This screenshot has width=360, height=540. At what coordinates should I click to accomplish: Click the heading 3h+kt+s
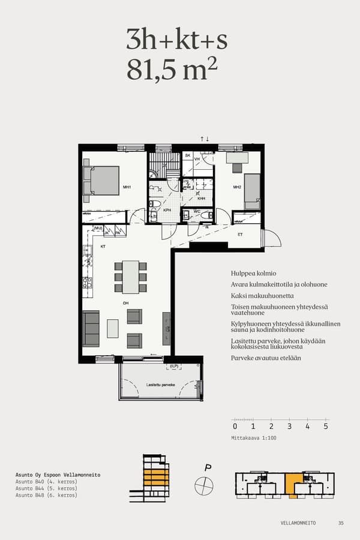(176, 40)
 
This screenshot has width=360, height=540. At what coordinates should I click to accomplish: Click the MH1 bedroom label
(127, 187)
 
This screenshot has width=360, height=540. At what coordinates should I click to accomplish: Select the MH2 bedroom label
(237, 187)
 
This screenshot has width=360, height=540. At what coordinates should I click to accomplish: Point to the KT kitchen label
(103, 246)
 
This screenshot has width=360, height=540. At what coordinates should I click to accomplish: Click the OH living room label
(126, 304)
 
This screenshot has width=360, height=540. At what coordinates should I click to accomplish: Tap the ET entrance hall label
(240, 235)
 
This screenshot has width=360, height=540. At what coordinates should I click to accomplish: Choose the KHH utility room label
(202, 199)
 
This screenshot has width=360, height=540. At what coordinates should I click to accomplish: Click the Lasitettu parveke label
(160, 386)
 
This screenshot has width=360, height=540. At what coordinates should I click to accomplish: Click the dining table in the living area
(131, 277)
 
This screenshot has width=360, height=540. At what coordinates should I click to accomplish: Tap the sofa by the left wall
(91, 329)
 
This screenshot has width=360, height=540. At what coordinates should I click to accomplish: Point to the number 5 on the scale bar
(326, 427)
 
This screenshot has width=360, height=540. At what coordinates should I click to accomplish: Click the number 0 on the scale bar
(235, 427)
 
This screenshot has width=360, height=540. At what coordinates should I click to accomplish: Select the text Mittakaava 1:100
(254, 438)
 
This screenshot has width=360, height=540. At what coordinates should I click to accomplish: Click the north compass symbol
(204, 484)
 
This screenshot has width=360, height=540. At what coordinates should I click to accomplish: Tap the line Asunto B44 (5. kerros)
(46, 488)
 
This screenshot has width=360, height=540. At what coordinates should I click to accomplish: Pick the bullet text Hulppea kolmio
(253, 273)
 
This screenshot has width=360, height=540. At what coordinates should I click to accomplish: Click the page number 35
(341, 523)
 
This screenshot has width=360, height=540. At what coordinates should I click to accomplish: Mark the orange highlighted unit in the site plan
(293, 484)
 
